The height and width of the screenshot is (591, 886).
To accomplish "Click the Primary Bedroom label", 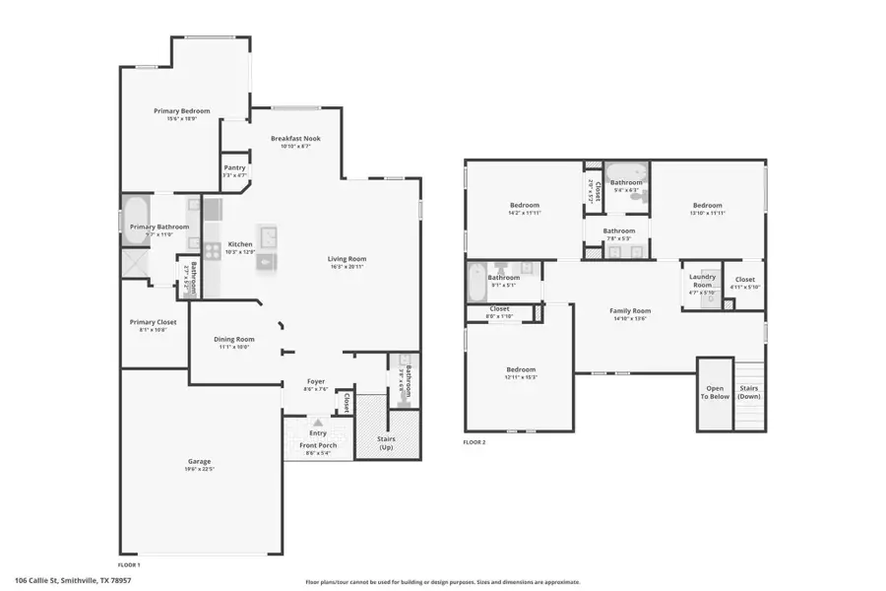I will click(x=182, y=111).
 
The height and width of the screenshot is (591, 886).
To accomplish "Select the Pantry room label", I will click(x=234, y=168).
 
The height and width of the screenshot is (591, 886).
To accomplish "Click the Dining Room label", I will click(x=234, y=339).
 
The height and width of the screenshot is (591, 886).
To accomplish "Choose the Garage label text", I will click(x=200, y=461).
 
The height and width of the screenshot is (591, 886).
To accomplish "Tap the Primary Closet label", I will click(x=153, y=321).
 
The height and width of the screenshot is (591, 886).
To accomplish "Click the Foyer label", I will click(x=316, y=381).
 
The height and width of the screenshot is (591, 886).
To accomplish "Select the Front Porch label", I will click(x=318, y=445).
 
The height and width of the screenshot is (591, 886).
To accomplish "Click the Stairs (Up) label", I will click(x=387, y=443).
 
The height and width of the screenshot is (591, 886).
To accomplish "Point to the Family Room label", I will click(x=629, y=311).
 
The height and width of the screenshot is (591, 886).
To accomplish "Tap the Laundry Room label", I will click(x=701, y=281).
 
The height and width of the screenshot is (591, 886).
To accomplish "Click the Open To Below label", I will click(x=716, y=392).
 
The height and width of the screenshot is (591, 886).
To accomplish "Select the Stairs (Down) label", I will click(x=749, y=392).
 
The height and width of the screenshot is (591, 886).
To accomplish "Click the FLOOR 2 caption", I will click(x=475, y=442).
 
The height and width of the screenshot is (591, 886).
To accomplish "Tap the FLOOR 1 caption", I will click(x=129, y=565).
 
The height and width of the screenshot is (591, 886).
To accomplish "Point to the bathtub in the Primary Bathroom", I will click(x=135, y=212).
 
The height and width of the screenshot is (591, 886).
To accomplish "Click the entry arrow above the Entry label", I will click(x=317, y=423).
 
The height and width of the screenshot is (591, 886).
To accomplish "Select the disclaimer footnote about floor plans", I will click(x=442, y=582).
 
